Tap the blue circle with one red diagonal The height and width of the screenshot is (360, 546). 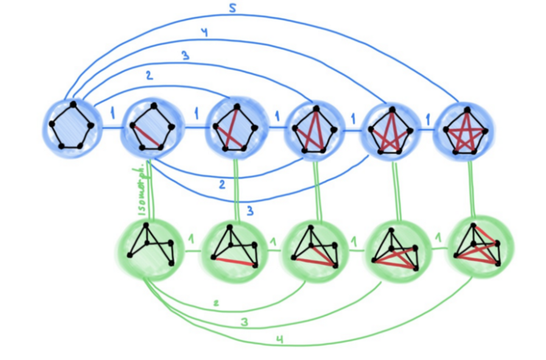[152, 127]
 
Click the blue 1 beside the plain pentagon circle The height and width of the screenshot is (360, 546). [112, 113]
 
